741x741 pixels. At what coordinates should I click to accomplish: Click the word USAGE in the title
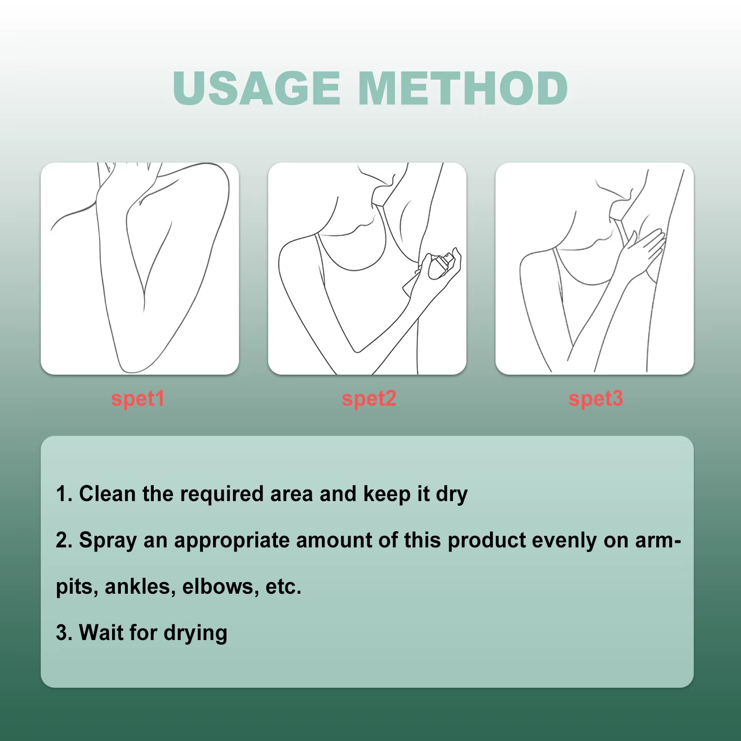[x=256, y=88]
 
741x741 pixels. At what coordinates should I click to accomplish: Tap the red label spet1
[x=138, y=399]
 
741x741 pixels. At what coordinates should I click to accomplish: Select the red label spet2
[x=369, y=399]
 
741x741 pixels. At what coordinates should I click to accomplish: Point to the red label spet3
[x=596, y=399]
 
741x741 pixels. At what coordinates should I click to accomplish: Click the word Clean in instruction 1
[x=107, y=494]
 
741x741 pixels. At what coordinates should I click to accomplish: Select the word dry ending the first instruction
[x=452, y=494]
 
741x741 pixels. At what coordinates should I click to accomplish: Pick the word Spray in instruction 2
[x=107, y=540]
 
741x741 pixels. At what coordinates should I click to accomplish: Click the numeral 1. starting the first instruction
[x=64, y=494]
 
